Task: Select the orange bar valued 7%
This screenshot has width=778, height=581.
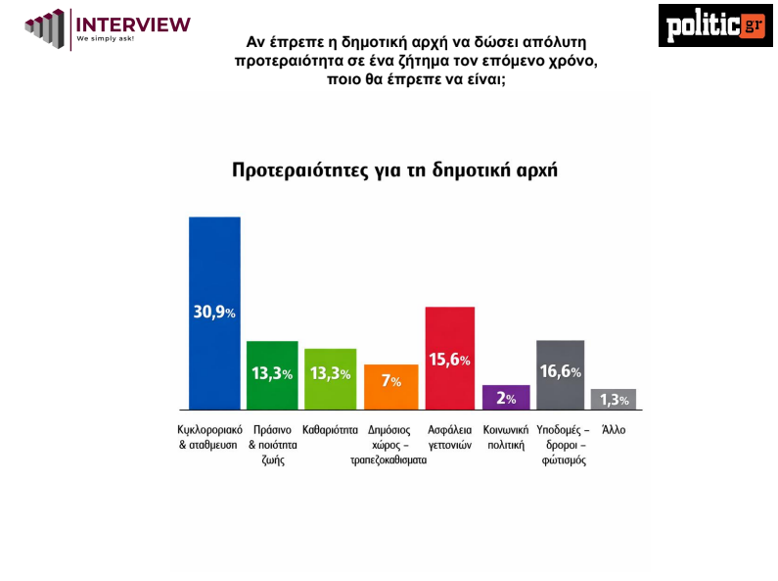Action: coord(390,386)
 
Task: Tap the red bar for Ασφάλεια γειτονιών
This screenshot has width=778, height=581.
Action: coord(449,358)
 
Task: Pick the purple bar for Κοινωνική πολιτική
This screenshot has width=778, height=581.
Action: coord(506,397)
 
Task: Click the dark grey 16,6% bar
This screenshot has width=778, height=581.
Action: coord(561,374)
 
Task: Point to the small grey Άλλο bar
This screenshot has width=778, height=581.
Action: coord(614,399)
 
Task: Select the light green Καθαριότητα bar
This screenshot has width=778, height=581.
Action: coord(330,378)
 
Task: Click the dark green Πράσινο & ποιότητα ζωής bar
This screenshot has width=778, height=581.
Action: coord(272,374)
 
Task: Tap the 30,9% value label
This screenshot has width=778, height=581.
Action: coord(214,313)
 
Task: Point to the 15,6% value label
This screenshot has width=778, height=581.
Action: coord(450,360)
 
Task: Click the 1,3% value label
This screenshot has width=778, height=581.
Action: coord(614,400)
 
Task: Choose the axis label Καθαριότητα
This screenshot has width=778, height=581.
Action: coord(331,429)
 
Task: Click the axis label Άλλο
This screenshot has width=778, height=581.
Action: coord(614,429)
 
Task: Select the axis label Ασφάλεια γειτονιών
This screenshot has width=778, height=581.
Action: coord(450,437)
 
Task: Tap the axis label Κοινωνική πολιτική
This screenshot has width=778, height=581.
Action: coord(506,437)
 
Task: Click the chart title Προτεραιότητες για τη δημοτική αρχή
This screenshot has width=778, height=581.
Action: coord(394,168)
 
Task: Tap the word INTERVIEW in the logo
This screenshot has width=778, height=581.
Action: coord(133,24)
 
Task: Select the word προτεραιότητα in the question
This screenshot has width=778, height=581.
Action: coord(284,61)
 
